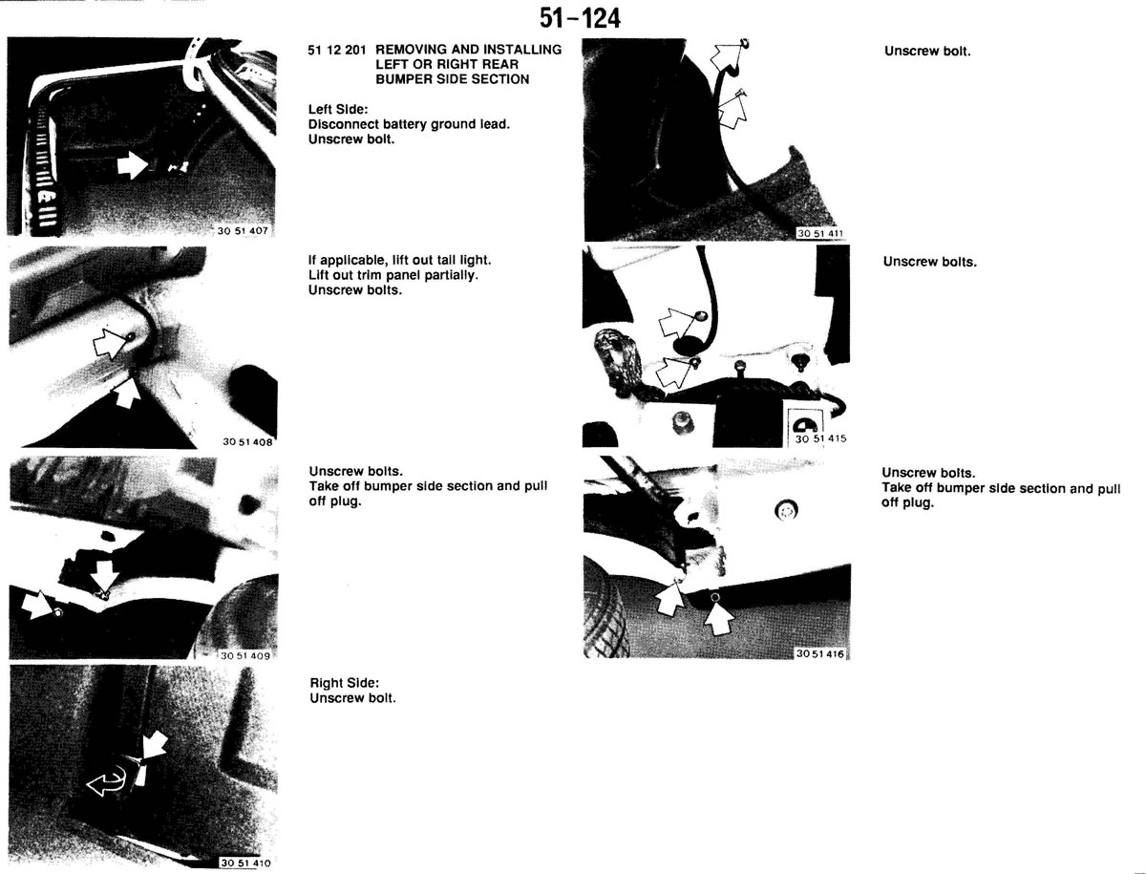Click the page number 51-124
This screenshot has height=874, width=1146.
coord(580,19)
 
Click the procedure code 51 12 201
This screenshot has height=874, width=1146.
coord(337,50)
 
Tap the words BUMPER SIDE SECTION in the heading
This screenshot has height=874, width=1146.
coord(452,79)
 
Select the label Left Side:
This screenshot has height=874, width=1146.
coord(338,110)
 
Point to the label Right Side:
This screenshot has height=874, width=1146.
coord(344,683)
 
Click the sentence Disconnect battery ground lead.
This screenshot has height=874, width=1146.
coord(409,124)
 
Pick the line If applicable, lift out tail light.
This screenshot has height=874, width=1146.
coord(399,260)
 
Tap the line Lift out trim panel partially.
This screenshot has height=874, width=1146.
coord(393,275)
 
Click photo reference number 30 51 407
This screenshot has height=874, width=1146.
coord(243,231)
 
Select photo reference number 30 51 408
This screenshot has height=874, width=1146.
coord(247,441)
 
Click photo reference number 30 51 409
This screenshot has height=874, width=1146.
coord(244,656)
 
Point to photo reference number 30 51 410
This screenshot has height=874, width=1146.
coord(245,863)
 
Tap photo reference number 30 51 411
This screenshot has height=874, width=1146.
coord(819,233)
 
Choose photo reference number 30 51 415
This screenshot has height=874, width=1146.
coord(820,439)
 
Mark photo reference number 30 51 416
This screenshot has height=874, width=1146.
coord(819,653)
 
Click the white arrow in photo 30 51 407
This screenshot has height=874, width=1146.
coord(133,165)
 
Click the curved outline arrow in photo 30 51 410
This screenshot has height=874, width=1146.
coord(107,780)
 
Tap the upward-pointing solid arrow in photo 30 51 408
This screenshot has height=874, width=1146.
coord(127,393)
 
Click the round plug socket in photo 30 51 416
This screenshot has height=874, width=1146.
coord(787,509)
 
